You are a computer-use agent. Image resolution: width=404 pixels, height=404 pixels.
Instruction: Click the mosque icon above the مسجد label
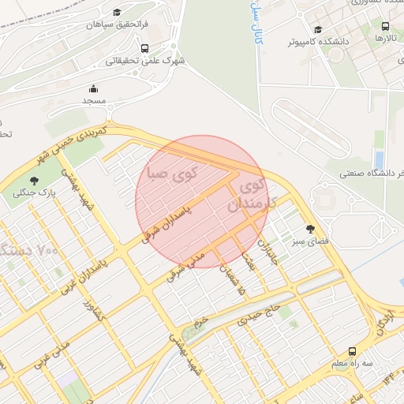point(94,88)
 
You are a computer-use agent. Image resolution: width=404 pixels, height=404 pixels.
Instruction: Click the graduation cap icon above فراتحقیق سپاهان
point(118,13)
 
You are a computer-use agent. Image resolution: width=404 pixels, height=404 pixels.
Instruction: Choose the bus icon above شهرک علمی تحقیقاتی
point(143,47)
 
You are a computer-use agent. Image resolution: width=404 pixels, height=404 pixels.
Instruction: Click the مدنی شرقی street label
point(186,264)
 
